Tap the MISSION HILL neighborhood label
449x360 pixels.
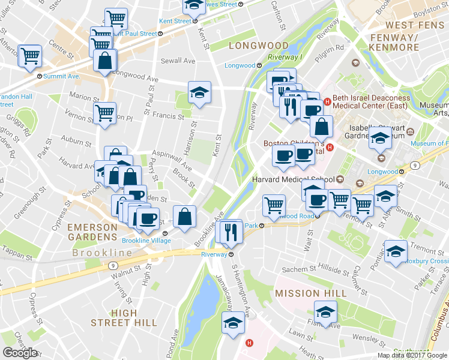tap(310, 293)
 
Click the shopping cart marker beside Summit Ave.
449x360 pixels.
tap(29, 56)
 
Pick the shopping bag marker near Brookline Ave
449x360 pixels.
tap(185, 216)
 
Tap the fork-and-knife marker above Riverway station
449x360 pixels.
tap(231, 232)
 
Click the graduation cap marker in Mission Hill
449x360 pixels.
tap(325, 312)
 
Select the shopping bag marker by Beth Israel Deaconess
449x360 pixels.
tap(322, 126)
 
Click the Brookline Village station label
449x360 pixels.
tap(146, 241)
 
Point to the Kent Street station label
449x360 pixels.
tap(175, 20)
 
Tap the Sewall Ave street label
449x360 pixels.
tap(178, 61)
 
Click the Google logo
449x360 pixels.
tap(20, 352)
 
